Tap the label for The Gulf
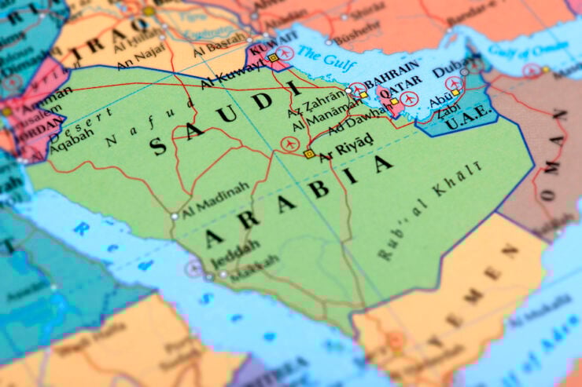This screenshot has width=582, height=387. click(x=320, y=57)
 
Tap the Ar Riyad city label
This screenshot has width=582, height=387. click(x=345, y=151)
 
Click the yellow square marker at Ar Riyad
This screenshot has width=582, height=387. click(x=310, y=154)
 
